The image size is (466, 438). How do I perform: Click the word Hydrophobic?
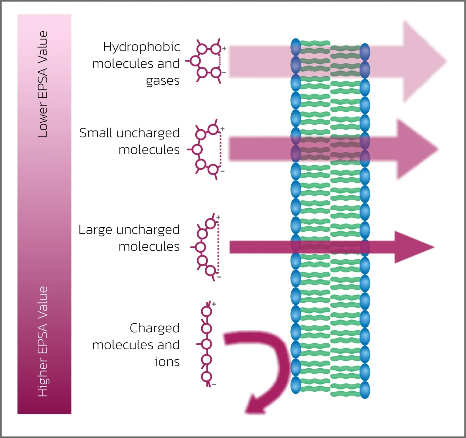coord(141,47)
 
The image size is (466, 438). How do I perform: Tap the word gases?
coord(163,81)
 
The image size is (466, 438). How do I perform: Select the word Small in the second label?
coord(96,133)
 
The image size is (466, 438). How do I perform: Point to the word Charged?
coord(154,328)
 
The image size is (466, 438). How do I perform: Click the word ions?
coord(167,362)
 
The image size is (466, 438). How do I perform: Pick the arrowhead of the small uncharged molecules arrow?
coord(417,149)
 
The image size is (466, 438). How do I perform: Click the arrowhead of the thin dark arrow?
coord(414,247)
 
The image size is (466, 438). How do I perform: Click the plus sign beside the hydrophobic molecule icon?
coord(224,48)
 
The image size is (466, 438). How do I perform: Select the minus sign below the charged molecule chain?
coord(214,385)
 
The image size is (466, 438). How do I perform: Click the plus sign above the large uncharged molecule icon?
coord(218,217)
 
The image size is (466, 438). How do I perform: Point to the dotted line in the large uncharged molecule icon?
coord(218,247)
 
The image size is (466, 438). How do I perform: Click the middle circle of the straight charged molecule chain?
coord(207,344)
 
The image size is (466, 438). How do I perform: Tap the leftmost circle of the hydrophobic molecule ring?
coord(195,61)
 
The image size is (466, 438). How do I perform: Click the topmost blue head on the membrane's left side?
coord(295,47)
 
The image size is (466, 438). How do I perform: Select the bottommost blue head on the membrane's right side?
coord(365,390)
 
